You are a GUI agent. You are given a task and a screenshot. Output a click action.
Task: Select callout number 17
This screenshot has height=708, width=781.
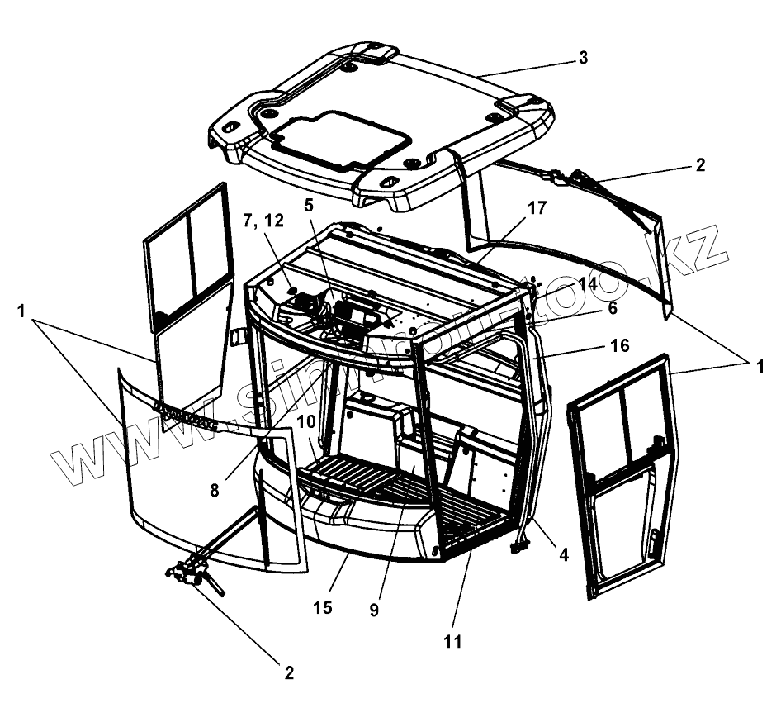coord(537,209)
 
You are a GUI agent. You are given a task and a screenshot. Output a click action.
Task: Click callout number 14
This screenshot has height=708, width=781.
coord(587,283)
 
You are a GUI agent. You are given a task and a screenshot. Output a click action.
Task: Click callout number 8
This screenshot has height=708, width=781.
coord(215,488)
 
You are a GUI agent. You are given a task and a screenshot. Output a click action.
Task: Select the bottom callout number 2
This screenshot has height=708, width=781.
coord(289,672)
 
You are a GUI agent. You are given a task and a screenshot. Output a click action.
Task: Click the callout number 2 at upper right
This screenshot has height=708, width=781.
coord(700,164)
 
